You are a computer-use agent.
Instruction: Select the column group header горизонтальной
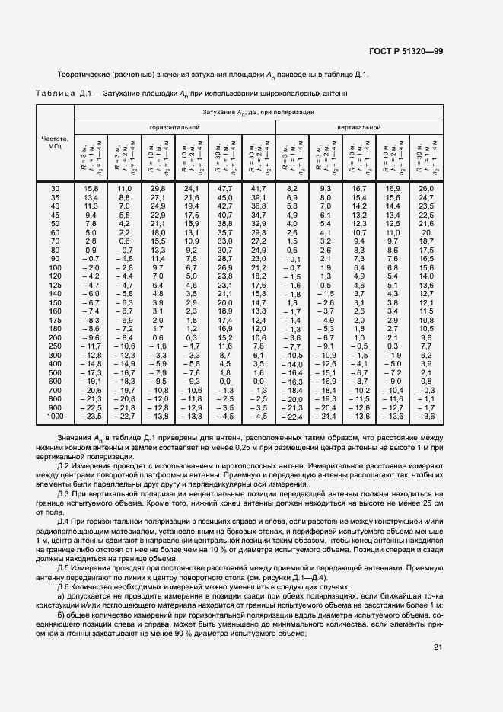click(174, 127)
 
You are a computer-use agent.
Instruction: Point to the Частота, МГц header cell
click(54, 142)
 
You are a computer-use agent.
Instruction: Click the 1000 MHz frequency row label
click(54, 417)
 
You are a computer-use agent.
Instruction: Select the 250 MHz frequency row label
click(54, 346)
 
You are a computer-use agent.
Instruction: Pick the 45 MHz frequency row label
click(54, 215)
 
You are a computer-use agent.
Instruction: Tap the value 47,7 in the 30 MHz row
click(225, 188)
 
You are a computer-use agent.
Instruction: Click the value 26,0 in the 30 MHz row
click(427, 188)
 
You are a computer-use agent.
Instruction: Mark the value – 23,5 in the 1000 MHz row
click(91, 417)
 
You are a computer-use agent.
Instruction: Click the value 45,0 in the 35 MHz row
click(225, 197)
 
